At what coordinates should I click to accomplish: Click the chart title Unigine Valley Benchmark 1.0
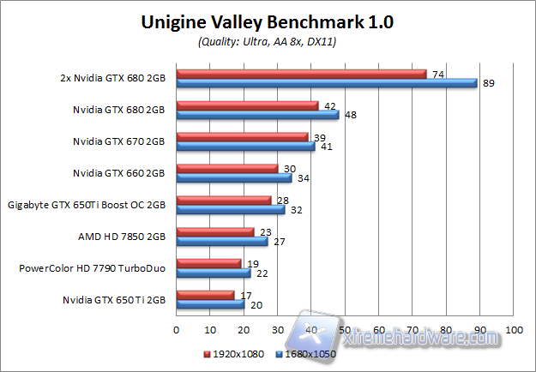tap(268, 23)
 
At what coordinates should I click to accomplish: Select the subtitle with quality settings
tap(268, 42)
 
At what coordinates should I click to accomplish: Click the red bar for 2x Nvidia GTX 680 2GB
tap(301, 74)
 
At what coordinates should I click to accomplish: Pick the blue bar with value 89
tap(326, 83)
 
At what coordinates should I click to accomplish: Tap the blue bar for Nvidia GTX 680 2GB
tap(257, 114)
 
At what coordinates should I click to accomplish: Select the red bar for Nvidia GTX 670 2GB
tap(242, 136)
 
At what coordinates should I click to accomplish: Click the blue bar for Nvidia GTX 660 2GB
tap(233, 177)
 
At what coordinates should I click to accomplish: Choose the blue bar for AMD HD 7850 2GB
tap(221, 241)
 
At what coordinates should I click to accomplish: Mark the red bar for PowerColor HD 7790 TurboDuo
tap(208, 263)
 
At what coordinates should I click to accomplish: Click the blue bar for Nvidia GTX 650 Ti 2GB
tap(210, 303)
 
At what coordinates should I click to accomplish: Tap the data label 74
tap(437, 75)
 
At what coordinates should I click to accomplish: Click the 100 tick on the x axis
tap(515, 328)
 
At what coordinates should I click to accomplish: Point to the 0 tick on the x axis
tap(176, 328)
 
